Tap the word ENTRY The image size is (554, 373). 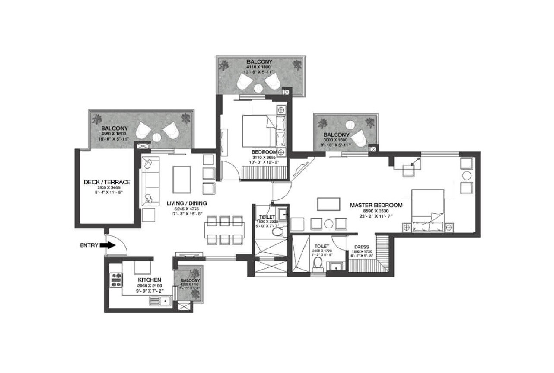tap(89, 245)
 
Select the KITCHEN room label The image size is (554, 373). tap(138, 280)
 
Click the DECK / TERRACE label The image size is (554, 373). tap(107, 182)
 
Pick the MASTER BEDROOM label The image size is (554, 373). tap(376, 205)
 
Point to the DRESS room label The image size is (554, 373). tap(361, 247)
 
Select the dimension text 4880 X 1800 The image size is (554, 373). tap(115, 134)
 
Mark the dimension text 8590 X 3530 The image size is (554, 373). tap(376, 210)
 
